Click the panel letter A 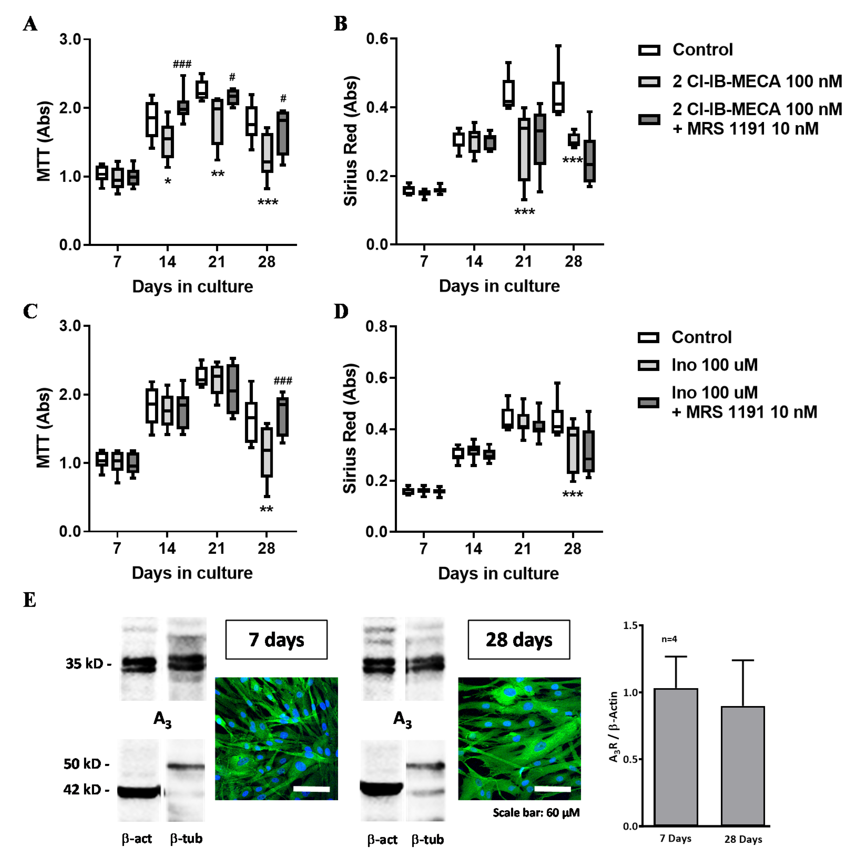point(30,24)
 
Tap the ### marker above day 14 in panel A point(182,64)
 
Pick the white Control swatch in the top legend point(649,50)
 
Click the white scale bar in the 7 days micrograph point(311,789)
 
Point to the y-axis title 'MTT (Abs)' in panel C point(44,428)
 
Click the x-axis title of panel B point(499,286)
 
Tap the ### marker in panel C point(283,380)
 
